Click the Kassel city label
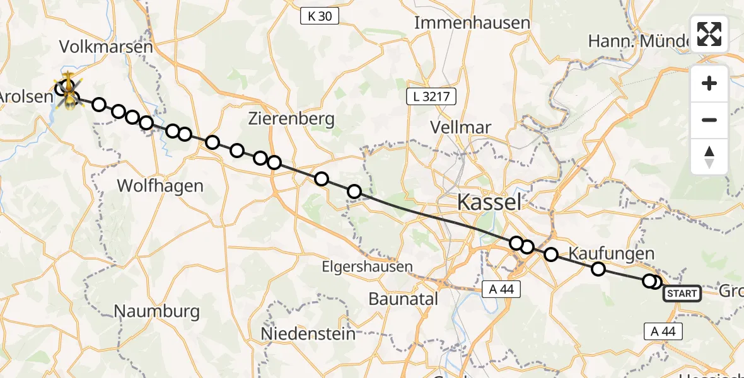click(x=489, y=202)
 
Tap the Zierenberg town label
click(x=291, y=118)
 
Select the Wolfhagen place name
click(x=161, y=186)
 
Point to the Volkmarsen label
click(x=106, y=47)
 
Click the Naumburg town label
click(x=157, y=311)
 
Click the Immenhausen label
click(x=472, y=23)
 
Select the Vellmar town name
click(x=460, y=127)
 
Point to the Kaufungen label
click(x=611, y=253)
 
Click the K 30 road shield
click(x=319, y=16)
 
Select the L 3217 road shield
click(x=431, y=96)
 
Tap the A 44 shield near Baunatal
click(x=501, y=289)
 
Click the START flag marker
click(x=682, y=293)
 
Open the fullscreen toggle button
click(x=709, y=34)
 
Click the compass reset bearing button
click(x=709, y=156)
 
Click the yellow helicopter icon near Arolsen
click(x=67, y=91)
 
